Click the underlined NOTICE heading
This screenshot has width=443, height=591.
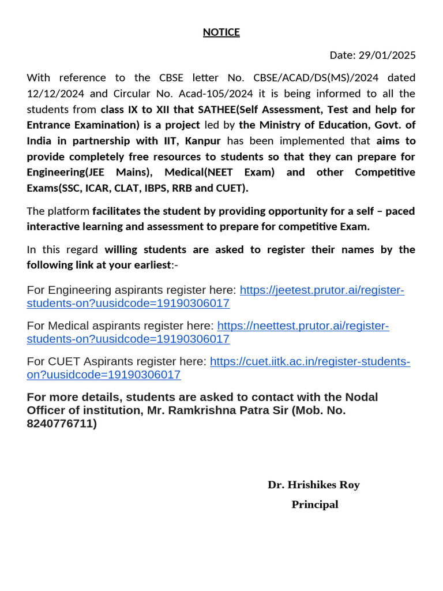pyautogui.click(x=221, y=32)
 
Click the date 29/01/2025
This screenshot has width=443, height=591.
pyautogui.click(x=389, y=55)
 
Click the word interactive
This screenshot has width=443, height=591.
pyautogui.click(x=52, y=226)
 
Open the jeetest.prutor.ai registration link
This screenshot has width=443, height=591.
pyautogui.click(x=321, y=290)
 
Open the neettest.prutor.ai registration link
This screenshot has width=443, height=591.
pyautogui.click(x=303, y=326)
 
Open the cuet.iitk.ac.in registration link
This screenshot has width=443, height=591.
pyautogui.click(x=310, y=362)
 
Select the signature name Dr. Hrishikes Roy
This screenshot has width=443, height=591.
pyautogui.click(x=313, y=485)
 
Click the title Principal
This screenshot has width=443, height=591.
pyautogui.click(x=314, y=504)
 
